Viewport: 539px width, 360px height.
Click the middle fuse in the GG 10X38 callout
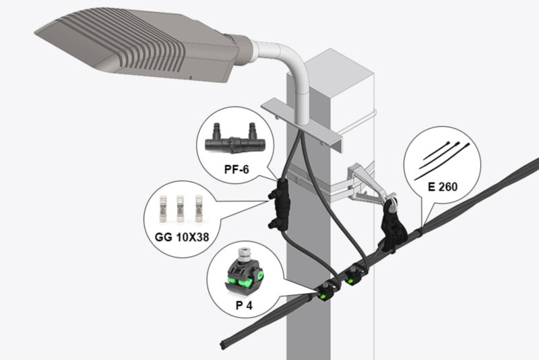181,208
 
